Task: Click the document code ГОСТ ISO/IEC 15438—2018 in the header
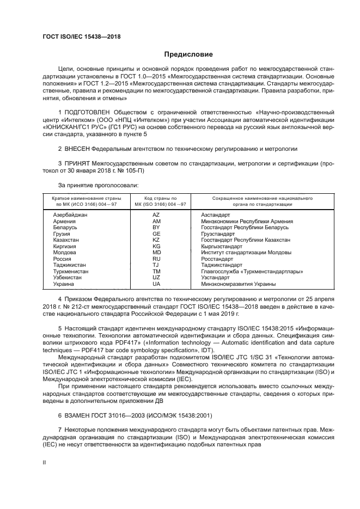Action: tap(81, 36)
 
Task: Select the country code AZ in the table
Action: tap(156, 215)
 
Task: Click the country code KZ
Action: tap(156, 240)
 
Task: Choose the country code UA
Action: tap(156, 284)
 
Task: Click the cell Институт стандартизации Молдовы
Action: tap(239, 253)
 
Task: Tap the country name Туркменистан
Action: tap(70, 272)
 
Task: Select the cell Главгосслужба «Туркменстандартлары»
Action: tap(252, 272)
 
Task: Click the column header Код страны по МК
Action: tap(156, 201)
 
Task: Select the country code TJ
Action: tap(156, 265)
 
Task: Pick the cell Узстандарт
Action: tap(216, 278)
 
